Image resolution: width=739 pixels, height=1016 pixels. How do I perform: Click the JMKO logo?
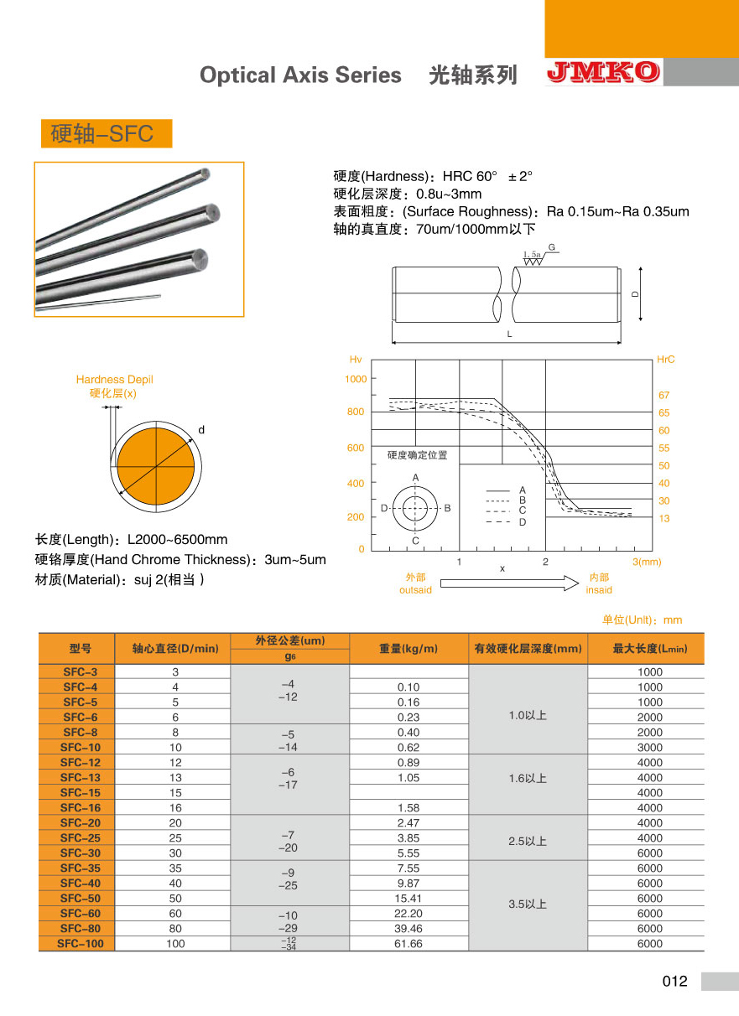pyautogui.click(x=603, y=73)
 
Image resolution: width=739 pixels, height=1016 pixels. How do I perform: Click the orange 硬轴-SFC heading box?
pyautogui.click(x=106, y=133)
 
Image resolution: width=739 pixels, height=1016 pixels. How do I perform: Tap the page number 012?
pyautogui.click(x=674, y=982)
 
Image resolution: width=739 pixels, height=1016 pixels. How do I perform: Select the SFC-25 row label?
pyautogui.click(x=80, y=837)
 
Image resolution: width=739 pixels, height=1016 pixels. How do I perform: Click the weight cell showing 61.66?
pyautogui.click(x=409, y=943)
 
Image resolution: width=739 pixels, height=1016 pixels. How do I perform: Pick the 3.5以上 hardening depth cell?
pyautogui.click(x=528, y=905)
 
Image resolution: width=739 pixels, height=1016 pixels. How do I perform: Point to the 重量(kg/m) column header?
pyautogui.click(x=409, y=648)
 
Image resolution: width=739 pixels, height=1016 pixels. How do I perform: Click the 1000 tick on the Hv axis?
pyautogui.click(x=356, y=379)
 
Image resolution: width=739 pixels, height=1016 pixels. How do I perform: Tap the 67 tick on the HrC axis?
pyautogui.click(x=664, y=395)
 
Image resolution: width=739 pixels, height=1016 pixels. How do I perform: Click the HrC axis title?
pyautogui.click(x=665, y=360)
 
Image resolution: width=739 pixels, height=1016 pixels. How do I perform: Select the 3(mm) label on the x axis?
pyautogui.click(x=647, y=562)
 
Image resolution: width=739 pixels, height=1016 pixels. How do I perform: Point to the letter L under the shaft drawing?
pyautogui.click(x=509, y=334)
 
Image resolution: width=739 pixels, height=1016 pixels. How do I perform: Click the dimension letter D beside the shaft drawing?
pyautogui.click(x=635, y=294)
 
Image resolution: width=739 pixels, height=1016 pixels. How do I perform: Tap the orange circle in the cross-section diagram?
pyautogui.click(x=156, y=465)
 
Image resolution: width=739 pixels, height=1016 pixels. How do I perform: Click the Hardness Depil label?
pyautogui.click(x=114, y=380)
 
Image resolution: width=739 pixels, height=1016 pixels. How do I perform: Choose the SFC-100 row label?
pyautogui.click(x=80, y=943)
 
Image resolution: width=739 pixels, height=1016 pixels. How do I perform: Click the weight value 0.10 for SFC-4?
pyautogui.click(x=409, y=687)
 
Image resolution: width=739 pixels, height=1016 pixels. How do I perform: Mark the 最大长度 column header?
pyautogui.click(x=646, y=648)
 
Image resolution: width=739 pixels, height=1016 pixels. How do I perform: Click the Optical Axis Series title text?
pyautogui.click(x=300, y=75)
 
